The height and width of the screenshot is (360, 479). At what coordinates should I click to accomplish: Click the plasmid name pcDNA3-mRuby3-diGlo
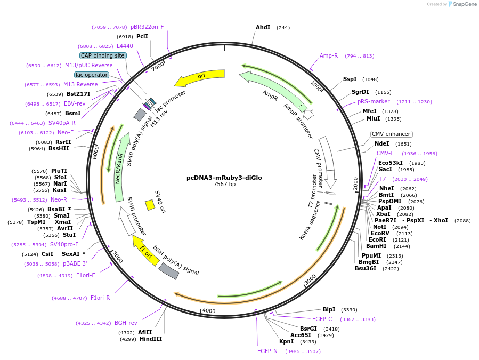pos(224,178)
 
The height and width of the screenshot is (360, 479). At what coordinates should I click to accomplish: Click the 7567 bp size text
pos(224,185)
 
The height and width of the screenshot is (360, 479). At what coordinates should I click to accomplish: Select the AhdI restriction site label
pos(263,27)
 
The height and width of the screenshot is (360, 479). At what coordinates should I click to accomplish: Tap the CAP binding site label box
pos(103,55)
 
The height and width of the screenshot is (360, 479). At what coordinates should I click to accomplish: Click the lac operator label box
pos(91,75)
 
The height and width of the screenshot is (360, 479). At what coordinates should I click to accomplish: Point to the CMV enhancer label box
pos(391,134)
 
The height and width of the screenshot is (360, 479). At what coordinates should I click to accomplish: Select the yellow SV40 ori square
pos(150,204)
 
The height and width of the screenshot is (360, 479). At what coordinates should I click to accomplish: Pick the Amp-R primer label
pos(329,55)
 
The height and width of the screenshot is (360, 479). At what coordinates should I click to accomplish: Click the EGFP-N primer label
pos(267,351)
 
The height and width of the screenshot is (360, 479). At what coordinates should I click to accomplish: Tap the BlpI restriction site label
pos(329,309)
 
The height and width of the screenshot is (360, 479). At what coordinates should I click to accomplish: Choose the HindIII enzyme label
pos(150,339)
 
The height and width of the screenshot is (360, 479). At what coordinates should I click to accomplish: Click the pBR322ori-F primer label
pos(147,27)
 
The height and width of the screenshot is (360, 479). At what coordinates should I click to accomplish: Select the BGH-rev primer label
pos(126,323)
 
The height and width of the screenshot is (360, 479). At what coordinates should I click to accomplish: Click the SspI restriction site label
pos(350,79)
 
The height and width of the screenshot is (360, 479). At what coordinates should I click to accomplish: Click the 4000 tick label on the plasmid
pos(208,311)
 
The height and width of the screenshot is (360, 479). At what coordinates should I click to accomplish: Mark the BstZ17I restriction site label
pos(78,94)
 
